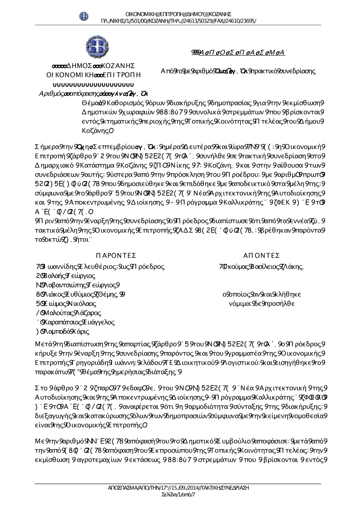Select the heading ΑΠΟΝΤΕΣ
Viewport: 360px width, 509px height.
261,256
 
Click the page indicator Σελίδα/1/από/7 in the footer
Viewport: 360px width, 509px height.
178,495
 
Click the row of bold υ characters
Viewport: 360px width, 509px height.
93,85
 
